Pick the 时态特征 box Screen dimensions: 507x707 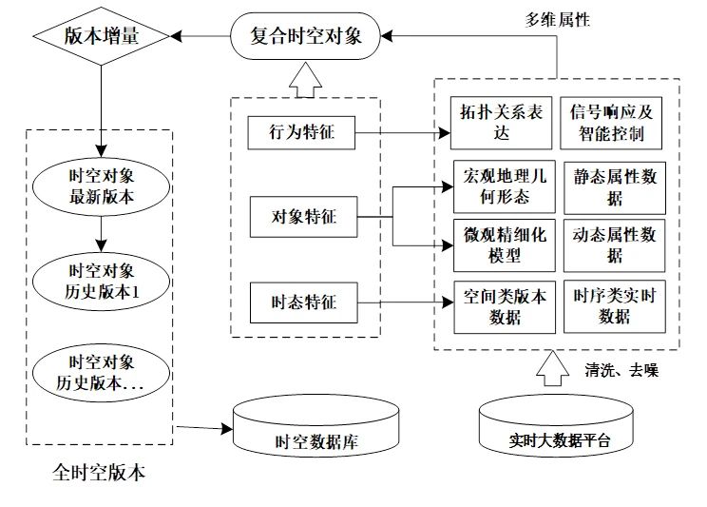click(x=300, y=304)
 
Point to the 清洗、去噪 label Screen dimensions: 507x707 click(x=620, y=371)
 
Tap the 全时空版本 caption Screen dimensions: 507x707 click(x=99, y=473)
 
